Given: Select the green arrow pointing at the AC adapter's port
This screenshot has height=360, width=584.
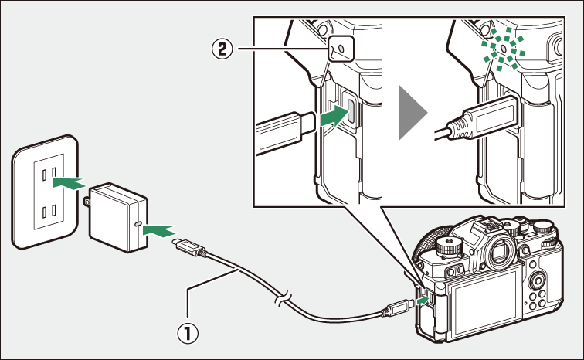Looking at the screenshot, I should [159, 229].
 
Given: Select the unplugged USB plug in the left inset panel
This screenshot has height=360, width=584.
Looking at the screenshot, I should [284, 128].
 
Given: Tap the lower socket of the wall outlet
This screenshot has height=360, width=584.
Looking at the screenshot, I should [49, 212].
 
